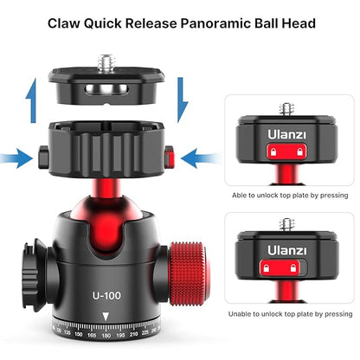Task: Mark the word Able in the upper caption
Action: tap(243, 196)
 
